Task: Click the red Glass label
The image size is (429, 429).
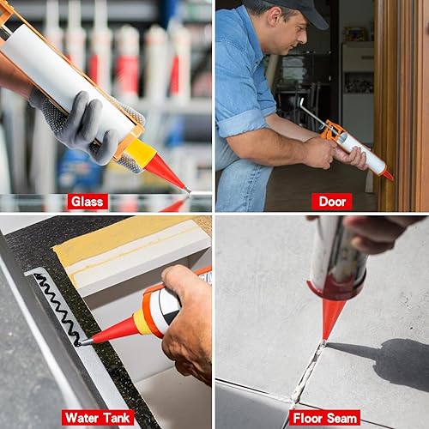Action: tap(88, 202)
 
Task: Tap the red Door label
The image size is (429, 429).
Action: tap(332, 202)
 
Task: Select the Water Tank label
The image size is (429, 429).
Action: tap(98, 418)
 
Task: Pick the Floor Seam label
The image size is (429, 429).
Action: tap(325, 419)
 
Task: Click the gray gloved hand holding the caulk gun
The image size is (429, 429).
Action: tap(86, 126)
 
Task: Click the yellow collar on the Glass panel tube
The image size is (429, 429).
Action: tap(140, 151)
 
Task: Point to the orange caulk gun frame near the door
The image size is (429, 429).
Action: tap(332, 130)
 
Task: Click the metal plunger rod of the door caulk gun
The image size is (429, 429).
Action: tap(312, 113)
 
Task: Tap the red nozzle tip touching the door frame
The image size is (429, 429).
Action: tap(389, 175)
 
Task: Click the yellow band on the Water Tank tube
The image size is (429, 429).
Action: tap(139, 322)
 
